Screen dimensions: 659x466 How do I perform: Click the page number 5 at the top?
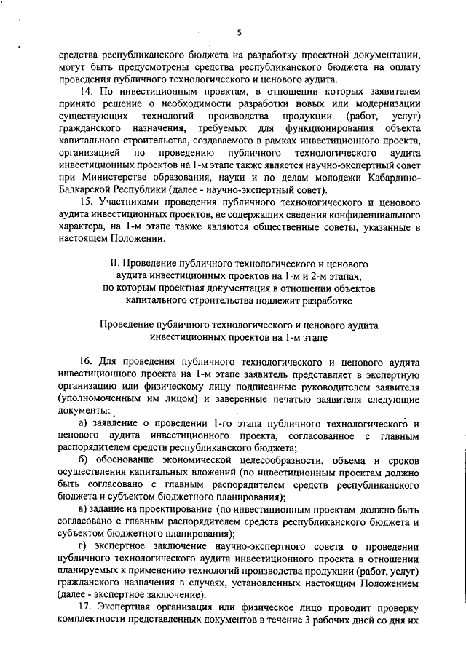(239, 32)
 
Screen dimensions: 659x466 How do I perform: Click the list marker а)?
(83, 424)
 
